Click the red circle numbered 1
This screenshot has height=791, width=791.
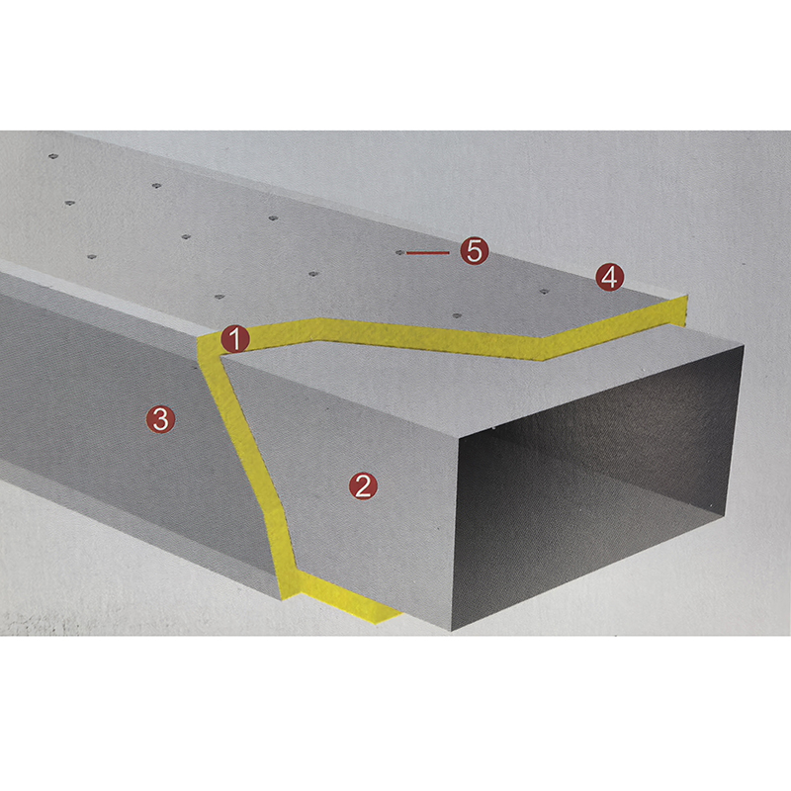tap(235, 338)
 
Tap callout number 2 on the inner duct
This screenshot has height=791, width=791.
tap(363, 485)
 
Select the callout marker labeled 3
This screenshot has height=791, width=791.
tap(160, 419)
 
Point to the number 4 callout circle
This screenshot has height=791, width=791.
tap(609, 277)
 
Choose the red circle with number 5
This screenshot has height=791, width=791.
tap(475, 251)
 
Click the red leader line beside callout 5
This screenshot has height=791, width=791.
tap(428, 252)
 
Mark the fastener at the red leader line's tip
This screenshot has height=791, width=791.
tap(400, 252)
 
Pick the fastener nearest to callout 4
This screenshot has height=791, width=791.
tap(544, 292)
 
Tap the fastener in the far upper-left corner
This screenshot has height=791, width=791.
tap(53, 156)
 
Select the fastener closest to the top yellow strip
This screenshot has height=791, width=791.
tap(457, 315)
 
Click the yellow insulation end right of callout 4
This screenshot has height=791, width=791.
tap(677, 310)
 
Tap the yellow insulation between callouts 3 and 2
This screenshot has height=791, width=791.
tap(248, 454)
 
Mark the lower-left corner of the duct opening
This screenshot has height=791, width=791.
tap(452, 630)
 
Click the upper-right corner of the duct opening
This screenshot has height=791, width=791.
tap(745, 346)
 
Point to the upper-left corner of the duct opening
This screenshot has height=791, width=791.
tap(458, 439)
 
